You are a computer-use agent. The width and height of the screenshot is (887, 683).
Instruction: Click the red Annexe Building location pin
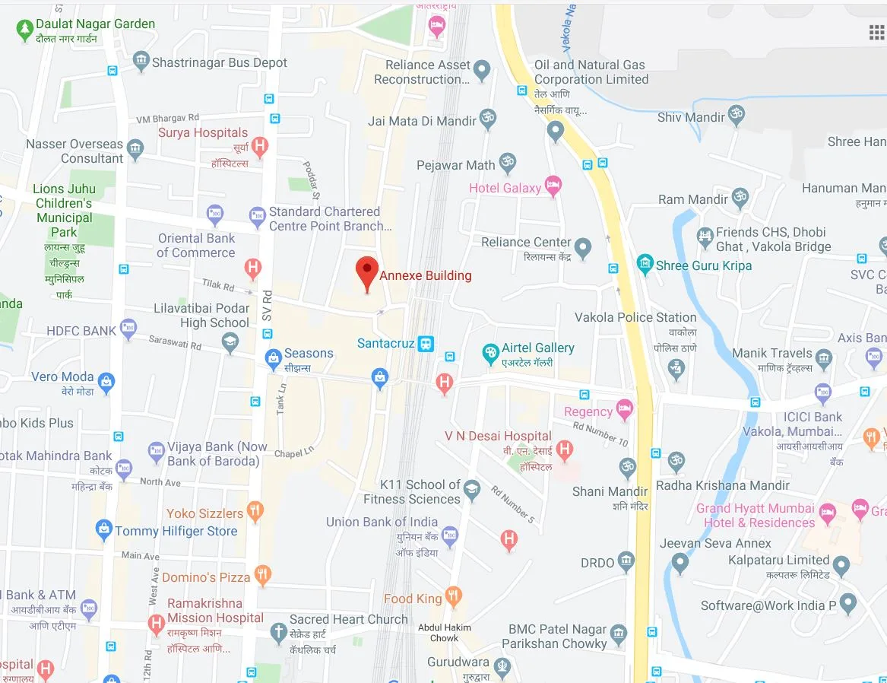pyautogui.click(x=368, y=272)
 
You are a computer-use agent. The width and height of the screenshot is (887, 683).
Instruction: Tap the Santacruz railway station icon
pyautogui.click(x=426, y=344)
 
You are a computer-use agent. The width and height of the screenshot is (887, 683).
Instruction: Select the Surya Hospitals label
pyautogui.click(x=203, y=132)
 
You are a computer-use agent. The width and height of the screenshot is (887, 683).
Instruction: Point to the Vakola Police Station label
pyautogui.click(x=635, y=317)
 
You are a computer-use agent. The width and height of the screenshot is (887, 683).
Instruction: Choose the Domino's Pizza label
pyautogui.click(x=201, y=577)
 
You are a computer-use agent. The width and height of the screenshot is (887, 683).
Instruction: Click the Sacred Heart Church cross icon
pyautogui.click(x=278, y=631)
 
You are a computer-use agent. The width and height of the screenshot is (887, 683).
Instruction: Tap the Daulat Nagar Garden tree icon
pyautogui.click(x=24, y=29)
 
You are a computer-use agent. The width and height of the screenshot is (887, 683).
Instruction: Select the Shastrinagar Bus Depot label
pyautogui.click(x=220, y=62)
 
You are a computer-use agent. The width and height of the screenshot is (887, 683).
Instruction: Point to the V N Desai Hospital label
pyautogui.click(x=498, y=436)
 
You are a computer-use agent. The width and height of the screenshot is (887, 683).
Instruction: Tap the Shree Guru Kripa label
pyautogui.click(x=704, y=265)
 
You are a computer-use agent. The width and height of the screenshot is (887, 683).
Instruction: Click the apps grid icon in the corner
pyautogui.click(x=877, y=32)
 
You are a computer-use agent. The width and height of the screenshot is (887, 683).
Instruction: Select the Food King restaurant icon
pyautogui.click(x=454, y=597)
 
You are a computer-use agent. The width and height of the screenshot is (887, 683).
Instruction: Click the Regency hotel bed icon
pyautogui.click(x=624, y=409)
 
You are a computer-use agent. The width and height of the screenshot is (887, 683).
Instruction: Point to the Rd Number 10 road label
pyautogui.click(x=601, y=434)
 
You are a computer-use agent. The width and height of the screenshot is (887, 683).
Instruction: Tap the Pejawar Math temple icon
pyautogui.click(x=507, y=162)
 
